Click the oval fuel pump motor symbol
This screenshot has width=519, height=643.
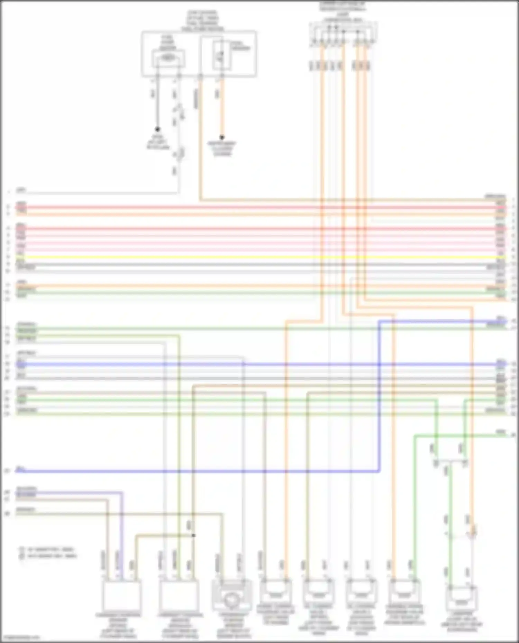168,58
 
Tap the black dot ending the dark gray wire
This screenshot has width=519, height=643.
157,129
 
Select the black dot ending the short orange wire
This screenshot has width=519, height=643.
222,137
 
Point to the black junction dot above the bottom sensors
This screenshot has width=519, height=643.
193,535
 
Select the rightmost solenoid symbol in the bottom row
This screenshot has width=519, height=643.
461,601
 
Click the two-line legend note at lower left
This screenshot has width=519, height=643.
48,552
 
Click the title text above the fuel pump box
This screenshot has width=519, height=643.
202,21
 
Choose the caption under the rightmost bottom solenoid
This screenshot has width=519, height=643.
462,622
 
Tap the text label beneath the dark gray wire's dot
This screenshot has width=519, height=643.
158,142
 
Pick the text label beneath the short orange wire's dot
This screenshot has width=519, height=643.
222,148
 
